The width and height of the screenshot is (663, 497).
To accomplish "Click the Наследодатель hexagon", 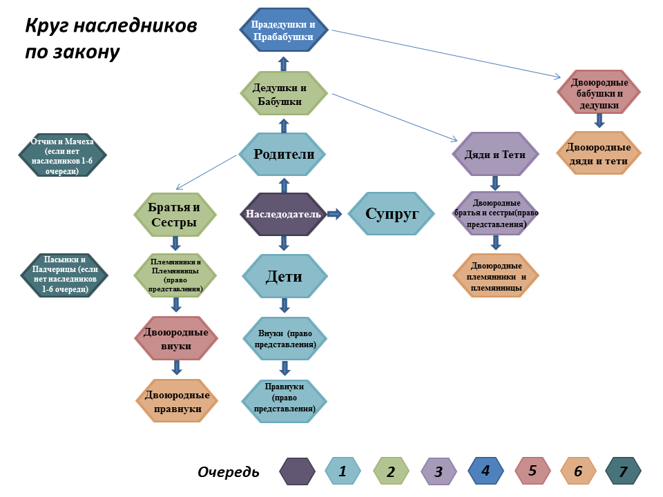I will pos(283,215).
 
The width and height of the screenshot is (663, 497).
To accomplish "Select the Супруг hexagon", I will pos(392,214).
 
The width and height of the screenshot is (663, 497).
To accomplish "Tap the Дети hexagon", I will pos(284,276).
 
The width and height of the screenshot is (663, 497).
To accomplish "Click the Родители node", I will pos(283,155).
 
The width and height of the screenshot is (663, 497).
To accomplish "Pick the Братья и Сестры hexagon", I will pos(175,215).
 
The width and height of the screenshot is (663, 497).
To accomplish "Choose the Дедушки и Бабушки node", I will pos(283,95).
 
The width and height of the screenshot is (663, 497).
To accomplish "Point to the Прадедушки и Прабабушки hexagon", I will pos(283,30).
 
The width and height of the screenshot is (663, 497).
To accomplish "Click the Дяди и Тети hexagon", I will pos(494,155).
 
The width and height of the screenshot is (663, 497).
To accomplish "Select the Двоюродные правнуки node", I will pos(177,402).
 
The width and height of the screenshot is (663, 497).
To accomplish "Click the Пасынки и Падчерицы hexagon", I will pos(64,275).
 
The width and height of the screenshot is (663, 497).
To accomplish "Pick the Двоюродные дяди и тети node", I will pos(599,154).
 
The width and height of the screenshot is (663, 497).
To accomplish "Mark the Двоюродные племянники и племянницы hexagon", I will pos(495,275).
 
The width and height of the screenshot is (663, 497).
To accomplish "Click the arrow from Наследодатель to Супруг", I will pos(334,214).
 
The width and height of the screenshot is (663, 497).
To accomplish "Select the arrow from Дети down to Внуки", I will pos(284,305).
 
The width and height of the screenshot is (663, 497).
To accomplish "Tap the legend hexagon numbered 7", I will pos(623,471).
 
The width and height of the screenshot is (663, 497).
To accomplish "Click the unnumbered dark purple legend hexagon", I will pos(298,471).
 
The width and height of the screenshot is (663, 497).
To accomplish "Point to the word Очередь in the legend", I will pos(229,472).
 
